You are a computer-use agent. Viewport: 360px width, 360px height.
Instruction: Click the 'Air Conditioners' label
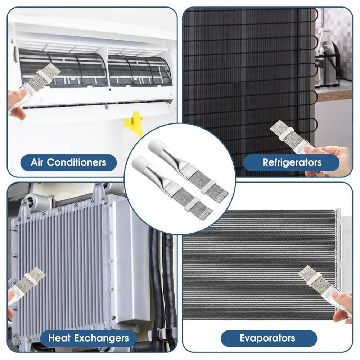tap(68, 163)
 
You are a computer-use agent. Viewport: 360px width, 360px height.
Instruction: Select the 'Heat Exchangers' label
tap(89, 338)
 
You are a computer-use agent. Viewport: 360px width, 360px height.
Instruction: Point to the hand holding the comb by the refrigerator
tap(329, 158)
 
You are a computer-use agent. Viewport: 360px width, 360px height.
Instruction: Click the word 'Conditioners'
tap(76, 163)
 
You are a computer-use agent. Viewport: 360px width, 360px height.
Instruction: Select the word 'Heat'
tap(59, 338)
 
